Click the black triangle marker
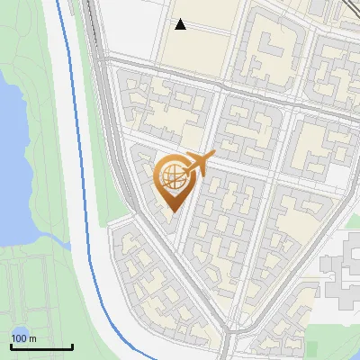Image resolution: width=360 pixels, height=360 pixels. (181, 24)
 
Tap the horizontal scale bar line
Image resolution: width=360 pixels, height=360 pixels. (41, 346)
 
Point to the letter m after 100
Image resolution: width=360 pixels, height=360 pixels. (32, 338)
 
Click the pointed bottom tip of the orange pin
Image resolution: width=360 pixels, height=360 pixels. (174, 213)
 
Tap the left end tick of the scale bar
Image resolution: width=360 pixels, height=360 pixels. (11, 345)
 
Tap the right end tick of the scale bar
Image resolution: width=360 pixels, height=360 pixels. (72, 345)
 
